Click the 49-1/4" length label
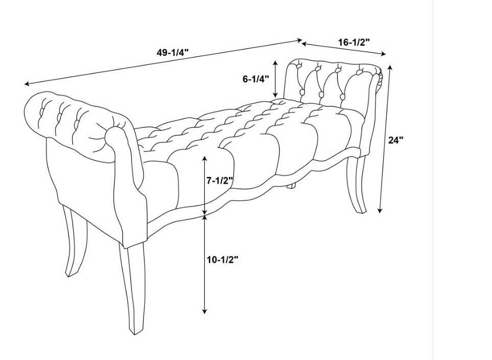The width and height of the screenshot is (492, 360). (173, 52)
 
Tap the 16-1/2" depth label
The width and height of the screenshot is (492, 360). (354, 42)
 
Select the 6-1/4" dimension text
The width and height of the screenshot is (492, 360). (256, 79)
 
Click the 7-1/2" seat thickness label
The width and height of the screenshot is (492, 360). (220, 181)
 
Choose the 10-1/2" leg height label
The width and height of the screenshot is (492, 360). (222, 260)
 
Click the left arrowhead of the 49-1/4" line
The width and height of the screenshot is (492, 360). (27, 84)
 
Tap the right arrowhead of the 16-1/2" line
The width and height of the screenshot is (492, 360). (384, 54)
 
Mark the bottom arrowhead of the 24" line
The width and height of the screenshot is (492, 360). (380, 211)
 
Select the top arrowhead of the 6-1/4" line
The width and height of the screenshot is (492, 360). (275, 63)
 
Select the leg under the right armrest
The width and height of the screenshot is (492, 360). (359, 184)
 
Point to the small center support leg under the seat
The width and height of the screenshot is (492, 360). (292, 186)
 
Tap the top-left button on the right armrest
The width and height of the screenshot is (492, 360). (298, 66)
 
